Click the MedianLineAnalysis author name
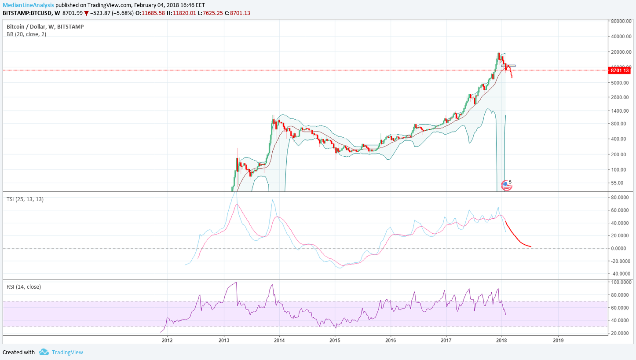[29, 5]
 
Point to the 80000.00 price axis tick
[621, 21]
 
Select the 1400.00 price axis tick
[621, 111]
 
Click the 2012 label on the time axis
[167, 340]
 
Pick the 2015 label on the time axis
[335, 340]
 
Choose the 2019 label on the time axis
[558, 340]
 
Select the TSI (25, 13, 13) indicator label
[25, 199]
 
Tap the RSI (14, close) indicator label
[24, 287]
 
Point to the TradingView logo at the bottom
[44, 352]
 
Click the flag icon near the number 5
[506, 186]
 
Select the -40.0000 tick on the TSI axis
[621, 274]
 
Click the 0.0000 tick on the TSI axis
[621, 248]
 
